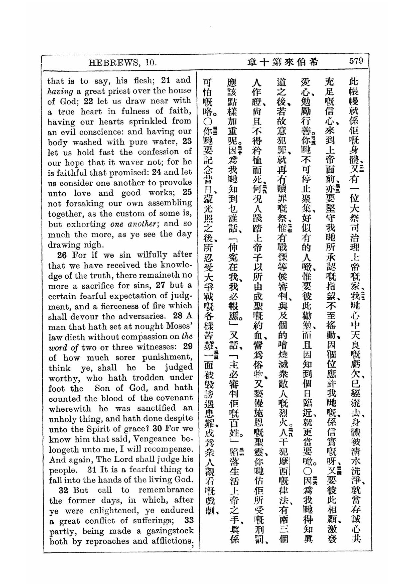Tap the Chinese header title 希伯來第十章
[283, 62]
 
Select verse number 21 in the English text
[166, 80]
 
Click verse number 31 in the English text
[92, 469]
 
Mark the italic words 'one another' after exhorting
[133, 224]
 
